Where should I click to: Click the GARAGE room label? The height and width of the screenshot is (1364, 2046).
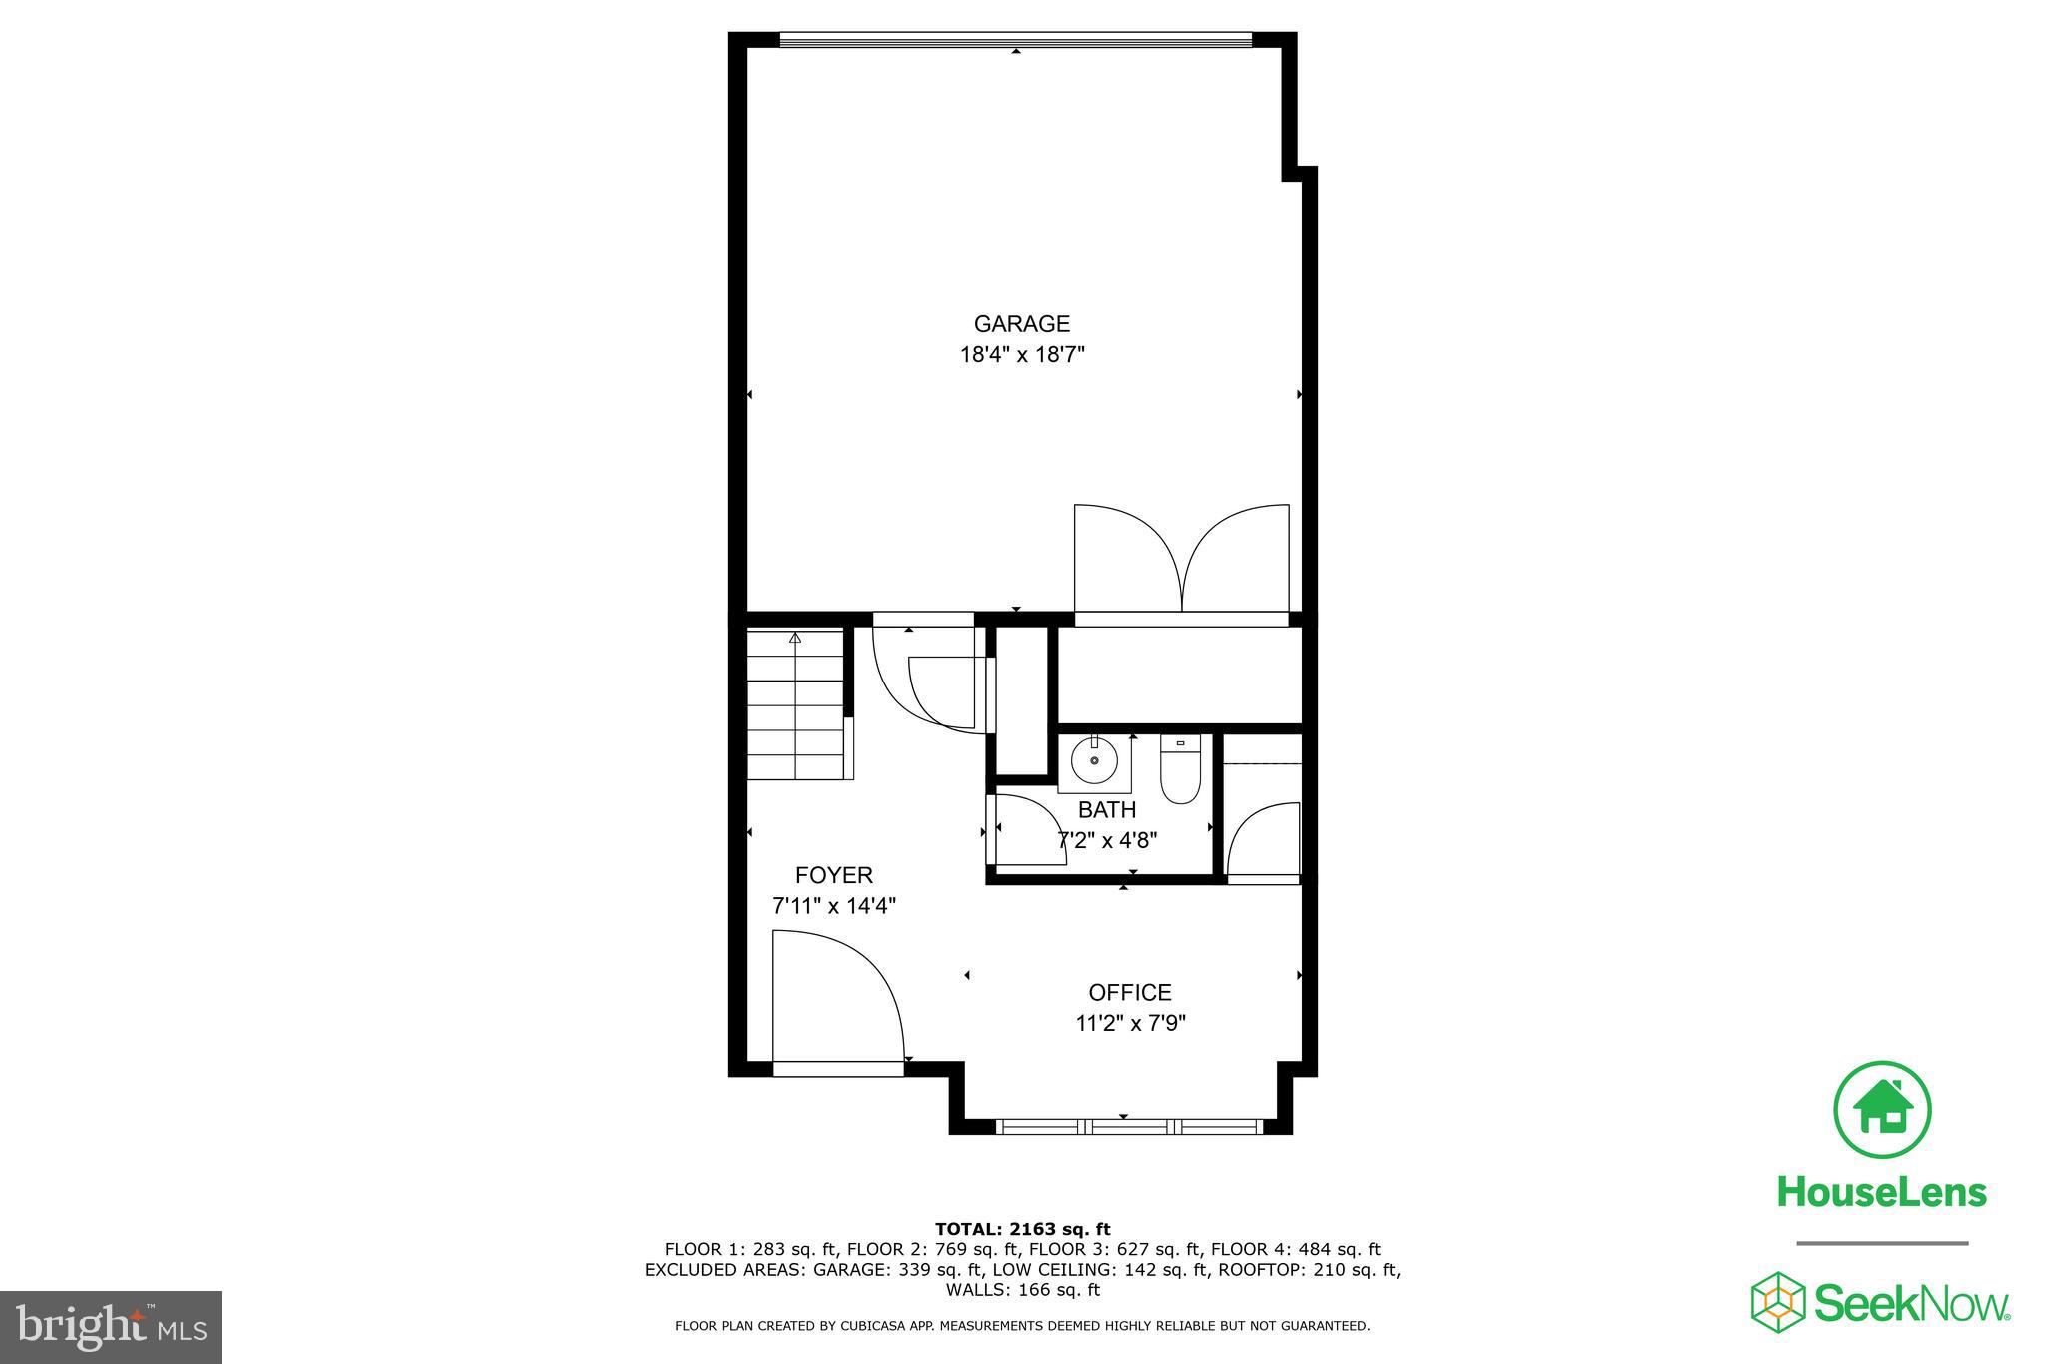[1021, 324]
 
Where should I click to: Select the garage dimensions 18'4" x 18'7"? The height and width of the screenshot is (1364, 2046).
[1021, 355]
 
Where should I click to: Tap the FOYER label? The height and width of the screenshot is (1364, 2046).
[833, 876]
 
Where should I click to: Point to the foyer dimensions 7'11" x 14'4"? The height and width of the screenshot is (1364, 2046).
[833, 907]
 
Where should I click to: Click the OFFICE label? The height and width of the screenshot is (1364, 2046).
[1129, 993]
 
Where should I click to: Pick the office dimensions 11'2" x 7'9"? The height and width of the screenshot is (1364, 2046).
[1129, 1024]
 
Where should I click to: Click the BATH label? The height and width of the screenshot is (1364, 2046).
[1106, 810]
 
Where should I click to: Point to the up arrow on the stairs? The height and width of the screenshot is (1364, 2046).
[795, 638]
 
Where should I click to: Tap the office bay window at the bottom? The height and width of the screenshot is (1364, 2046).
[1129, 1127]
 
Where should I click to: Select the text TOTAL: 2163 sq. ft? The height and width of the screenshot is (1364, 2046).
[1022, 1229]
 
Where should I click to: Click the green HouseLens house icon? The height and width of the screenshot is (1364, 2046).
[1882, 1110]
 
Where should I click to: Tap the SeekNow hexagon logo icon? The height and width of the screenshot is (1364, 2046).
[1777, 1302]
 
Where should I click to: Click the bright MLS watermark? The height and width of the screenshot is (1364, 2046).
[111, 1327]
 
